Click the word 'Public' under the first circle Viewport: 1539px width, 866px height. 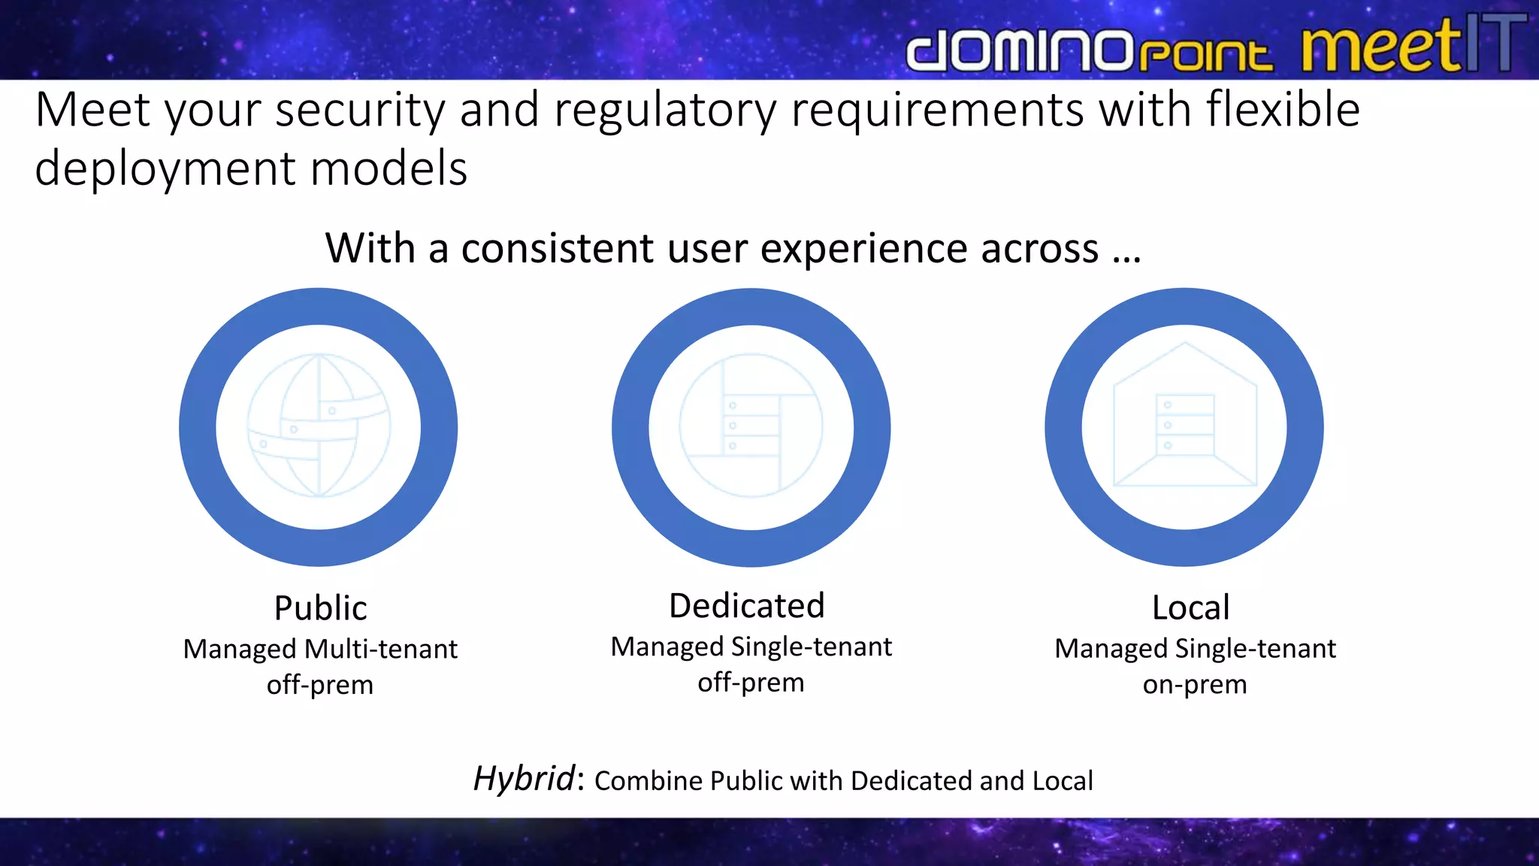pos(320,608)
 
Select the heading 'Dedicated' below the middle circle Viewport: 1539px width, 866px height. pos(747,606)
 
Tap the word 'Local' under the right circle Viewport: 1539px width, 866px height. pos(1191,608)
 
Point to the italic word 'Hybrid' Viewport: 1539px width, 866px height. pos(524,779)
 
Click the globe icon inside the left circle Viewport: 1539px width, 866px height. pos(319,426)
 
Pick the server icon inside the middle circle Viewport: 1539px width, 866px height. pos(751,426)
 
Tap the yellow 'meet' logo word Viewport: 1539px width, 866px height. pos(1381,47)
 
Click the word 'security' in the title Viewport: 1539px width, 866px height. pos(361,111)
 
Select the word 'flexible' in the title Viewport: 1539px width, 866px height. pos(1283,109)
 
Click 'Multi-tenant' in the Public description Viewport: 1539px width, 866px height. pos(381,649)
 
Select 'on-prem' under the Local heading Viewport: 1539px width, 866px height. pos(1195,685)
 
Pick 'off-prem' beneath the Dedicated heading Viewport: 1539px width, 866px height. pos(751,683)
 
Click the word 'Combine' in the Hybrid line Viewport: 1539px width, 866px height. pos(648,781)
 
